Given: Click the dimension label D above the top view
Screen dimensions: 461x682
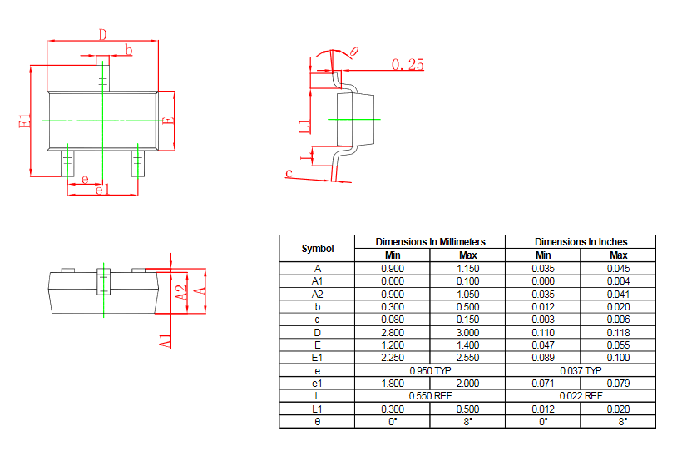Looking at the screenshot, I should (102, 34).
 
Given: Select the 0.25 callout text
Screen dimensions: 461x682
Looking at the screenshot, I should (407, 64).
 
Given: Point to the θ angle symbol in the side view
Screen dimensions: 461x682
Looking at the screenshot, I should (354, 52).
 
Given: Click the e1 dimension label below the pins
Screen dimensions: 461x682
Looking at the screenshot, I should (102, 191).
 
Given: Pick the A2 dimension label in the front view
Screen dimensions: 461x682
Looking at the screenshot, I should (181, 292).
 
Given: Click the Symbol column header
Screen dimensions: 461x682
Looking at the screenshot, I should (317, 248).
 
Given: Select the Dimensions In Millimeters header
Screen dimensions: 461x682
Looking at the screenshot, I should (430, 241).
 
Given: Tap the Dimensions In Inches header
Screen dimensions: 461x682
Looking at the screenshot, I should (581, 241).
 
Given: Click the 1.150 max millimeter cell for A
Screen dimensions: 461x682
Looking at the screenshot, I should (467, 268).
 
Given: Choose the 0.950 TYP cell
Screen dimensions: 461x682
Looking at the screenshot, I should (430, 369).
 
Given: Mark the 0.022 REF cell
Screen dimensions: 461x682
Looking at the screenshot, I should (581, 395).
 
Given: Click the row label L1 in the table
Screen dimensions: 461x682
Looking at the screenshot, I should (317, 409).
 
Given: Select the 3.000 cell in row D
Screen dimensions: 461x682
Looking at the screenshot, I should (467, 332).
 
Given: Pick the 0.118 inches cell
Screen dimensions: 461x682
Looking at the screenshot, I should (618, 332).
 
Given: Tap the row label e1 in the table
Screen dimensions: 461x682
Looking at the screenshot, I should (317, 383).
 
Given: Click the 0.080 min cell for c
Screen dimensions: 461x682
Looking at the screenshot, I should (393, 319).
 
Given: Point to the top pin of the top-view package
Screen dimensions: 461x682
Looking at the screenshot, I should (102, 73).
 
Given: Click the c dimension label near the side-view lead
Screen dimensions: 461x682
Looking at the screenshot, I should (289, 173).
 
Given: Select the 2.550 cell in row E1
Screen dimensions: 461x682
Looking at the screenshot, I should (467, 357).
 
